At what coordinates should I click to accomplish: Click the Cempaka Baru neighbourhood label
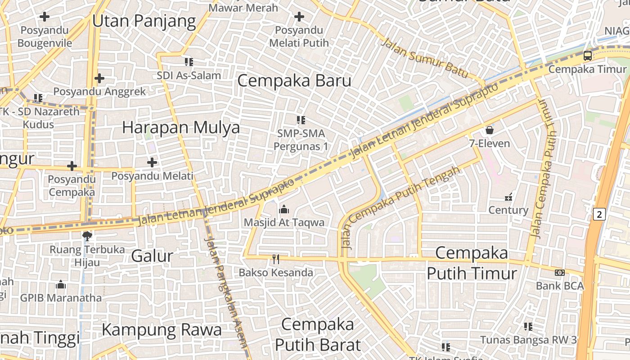(294, 81)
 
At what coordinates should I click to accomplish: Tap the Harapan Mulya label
(181, 128)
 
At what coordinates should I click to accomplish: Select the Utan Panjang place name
(144, 21)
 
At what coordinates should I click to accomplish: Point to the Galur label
(152, 256)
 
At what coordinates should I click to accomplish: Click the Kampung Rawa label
(162, 330)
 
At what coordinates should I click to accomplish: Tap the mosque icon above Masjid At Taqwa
(283, 209)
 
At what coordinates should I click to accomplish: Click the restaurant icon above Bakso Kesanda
(276, 259)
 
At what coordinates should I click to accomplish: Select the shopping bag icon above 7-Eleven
(489, 130)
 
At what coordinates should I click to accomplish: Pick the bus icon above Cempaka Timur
(587, 56)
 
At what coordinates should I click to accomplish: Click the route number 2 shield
(599, 214)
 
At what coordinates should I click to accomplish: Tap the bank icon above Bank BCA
(559, 272)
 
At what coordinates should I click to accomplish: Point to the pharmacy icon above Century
(508, 197)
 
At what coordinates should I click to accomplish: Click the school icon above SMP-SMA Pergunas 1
(301, 120)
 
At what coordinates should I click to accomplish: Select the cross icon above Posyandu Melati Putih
(299, 17)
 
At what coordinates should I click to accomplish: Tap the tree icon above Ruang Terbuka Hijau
(87, 236)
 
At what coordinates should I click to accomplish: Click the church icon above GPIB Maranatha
(61, 284)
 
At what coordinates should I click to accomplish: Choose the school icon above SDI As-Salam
(189, 62)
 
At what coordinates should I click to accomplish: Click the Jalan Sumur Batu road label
(425, 58)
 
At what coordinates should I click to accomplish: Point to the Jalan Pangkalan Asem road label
(226, 292)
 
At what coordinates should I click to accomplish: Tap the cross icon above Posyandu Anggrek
(99, 79)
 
